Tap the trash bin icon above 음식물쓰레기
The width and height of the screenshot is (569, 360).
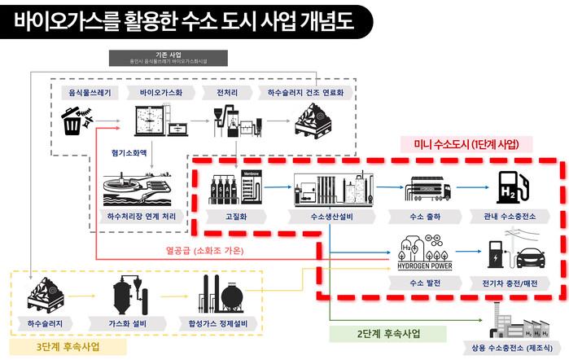[x=72, y=121]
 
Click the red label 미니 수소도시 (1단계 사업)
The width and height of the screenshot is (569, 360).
[x=467, y=143]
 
